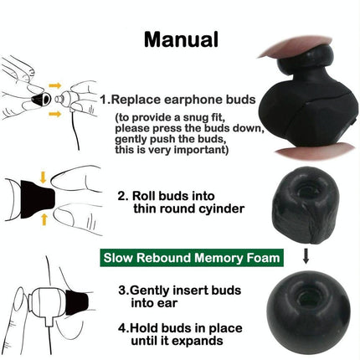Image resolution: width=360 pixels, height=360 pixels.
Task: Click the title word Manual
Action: (x=182, y=39)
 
